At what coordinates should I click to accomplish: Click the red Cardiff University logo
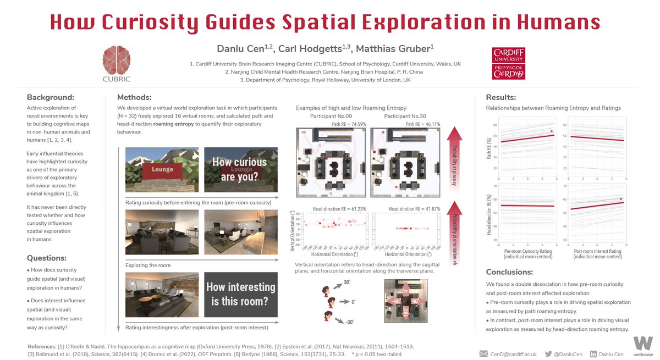(x=508, y=63)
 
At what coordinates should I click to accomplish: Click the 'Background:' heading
(x=50, y=97)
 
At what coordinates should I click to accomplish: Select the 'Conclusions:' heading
(x=509, y=272)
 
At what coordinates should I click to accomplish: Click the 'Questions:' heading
(x=47, y=258)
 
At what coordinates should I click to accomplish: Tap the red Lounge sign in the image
(x=162, y=169)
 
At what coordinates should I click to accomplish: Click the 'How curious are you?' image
(x=239, y=170)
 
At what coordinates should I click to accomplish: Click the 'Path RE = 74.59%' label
(x=347, y=124)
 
